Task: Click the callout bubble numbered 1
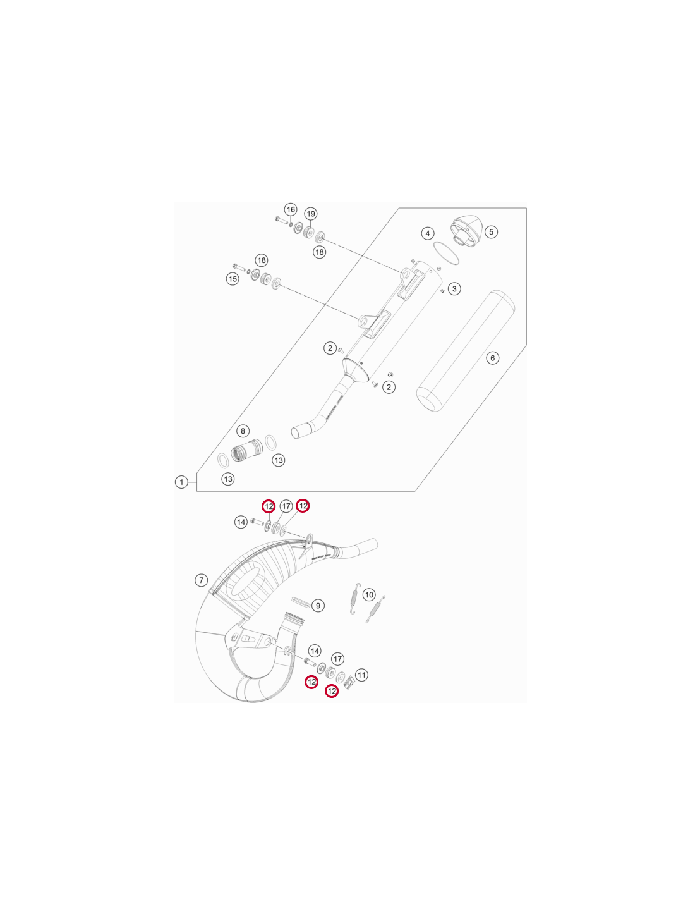(181, 482)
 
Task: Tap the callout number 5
(491, 231)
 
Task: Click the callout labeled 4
(428, 233)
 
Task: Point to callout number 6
(492, 358)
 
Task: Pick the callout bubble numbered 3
(454, 289)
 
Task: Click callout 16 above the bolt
(291, 209)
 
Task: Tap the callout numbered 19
(311, 214)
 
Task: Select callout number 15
(233, 279)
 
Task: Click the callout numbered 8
(243, 431)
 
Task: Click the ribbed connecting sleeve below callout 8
(246, 450)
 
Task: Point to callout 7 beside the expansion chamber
(201, 580)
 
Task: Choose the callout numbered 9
(318, 606)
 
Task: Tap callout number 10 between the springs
(369, 595)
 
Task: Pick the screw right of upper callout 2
(341, 350)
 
